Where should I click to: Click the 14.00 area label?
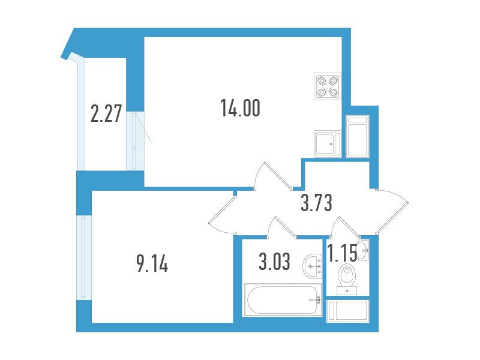[241, 109]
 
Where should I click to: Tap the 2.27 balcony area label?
[106, 113]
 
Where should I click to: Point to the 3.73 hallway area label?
[316, 203]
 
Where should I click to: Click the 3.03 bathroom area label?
[274, 262]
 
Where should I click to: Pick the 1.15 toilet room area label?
[342, 254]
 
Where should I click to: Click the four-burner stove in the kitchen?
[327, 86]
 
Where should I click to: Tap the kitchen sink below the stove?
[327, 143]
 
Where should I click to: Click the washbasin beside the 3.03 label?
[312, 266]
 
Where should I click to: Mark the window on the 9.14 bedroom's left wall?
[84, 258]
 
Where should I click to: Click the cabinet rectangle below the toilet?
[348, 311]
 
